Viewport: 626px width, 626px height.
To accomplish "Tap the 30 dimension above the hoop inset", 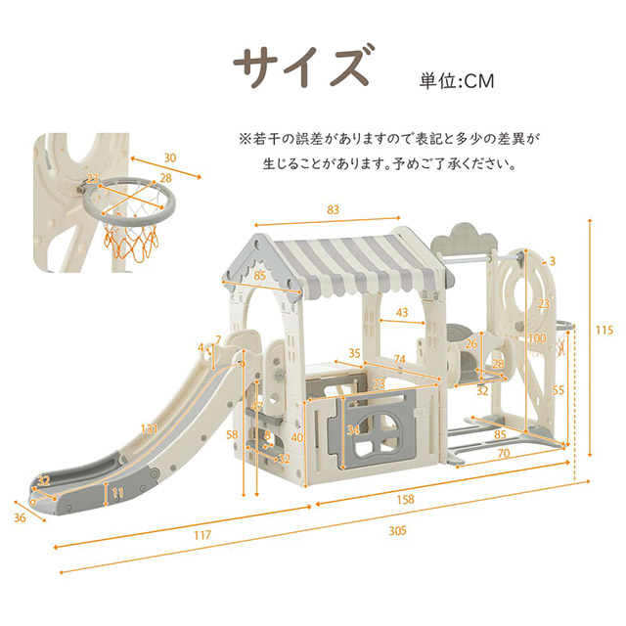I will coord(170,158).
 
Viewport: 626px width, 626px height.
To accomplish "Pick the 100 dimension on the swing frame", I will coord(536,339).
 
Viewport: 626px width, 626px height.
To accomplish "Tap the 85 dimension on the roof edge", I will coord(259,276).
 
